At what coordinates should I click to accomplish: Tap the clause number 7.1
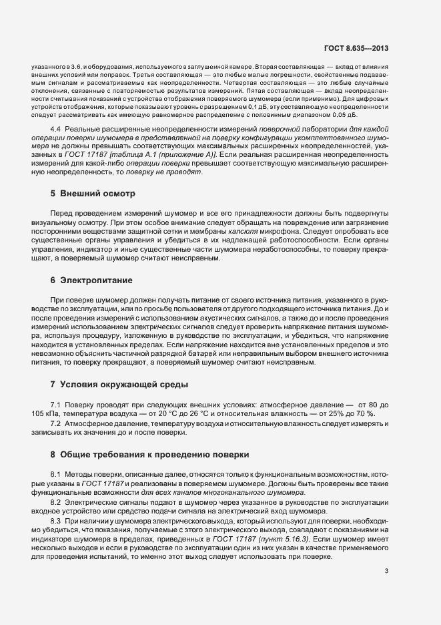(55, 405)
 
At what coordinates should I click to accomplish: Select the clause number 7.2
(55, 423)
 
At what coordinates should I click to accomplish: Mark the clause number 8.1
(55, 474)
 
